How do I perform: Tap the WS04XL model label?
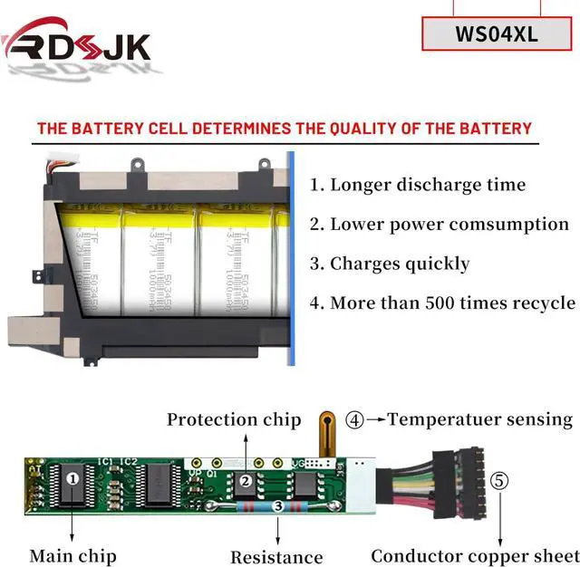[x=497, y=34]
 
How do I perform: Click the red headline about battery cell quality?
[x=284, y=128]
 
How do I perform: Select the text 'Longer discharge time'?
[x=418, y=185]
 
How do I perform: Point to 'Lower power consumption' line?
[x=440, y=224]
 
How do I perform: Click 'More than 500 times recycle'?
[x=443, y=303]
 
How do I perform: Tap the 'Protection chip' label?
[x=233, y=419]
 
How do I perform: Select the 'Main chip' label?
[x=72, y=554]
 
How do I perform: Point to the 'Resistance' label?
[x=276, y=557]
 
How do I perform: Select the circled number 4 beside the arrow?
[x=355, y=419]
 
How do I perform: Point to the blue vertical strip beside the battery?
[x=292, y=258]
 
